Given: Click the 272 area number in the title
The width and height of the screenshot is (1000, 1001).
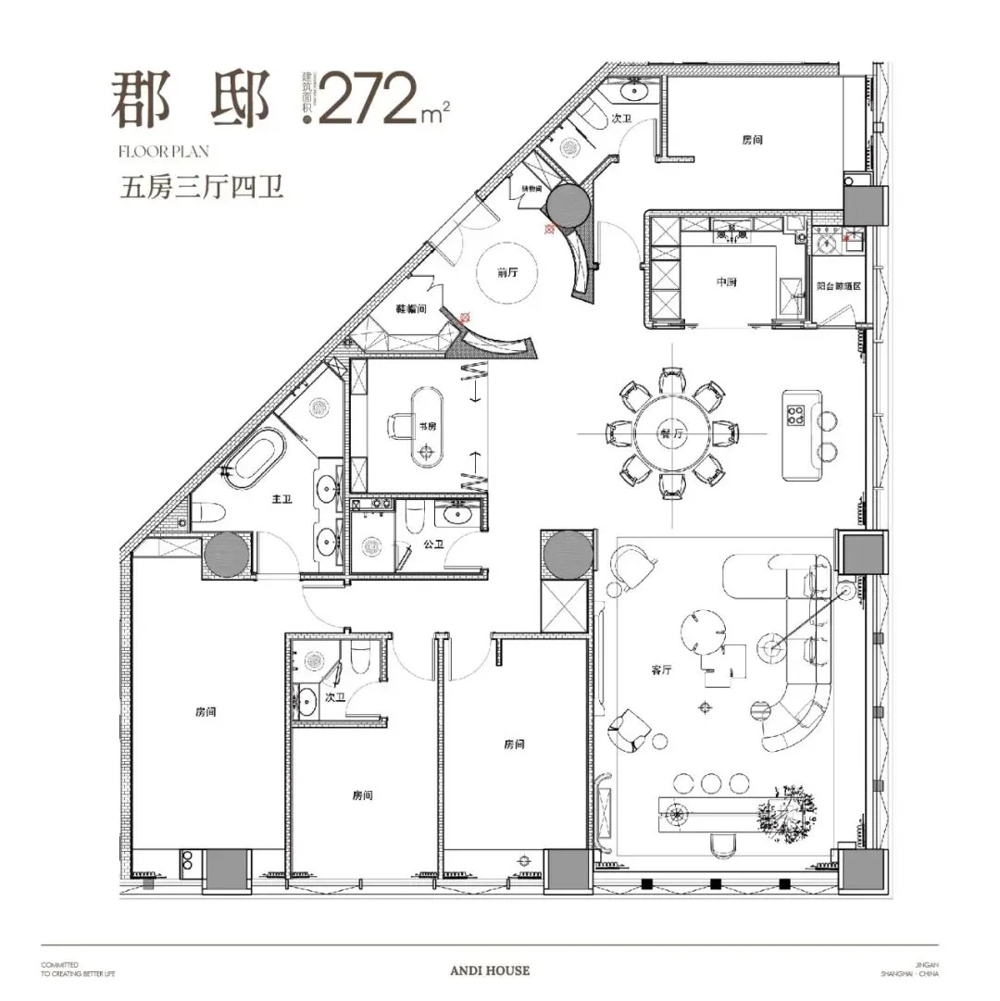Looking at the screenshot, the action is point(369,98).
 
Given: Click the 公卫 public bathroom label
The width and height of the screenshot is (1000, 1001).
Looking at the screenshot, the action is point(432,545).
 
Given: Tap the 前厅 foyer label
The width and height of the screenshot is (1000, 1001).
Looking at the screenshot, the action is point(506,272).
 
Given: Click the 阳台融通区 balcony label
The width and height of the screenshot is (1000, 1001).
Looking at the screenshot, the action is point(840,287).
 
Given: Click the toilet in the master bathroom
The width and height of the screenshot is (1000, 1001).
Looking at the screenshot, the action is point(210,514).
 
